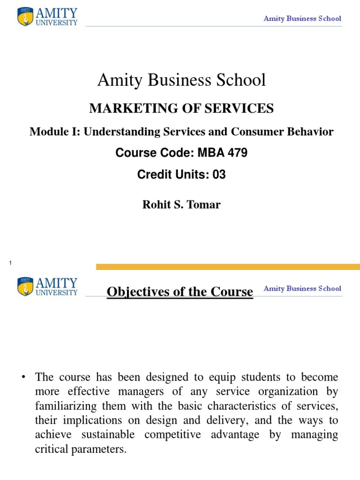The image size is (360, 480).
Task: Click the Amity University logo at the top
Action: pyautogui.click(x=47, y=16)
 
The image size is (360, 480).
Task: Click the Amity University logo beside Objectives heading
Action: pyautogui.click(x=47, y=287)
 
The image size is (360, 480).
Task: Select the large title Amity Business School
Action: pyautogui.click(x=181, y=80)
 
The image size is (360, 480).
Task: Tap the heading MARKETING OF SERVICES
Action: pyautogui.click(x=181, y=109)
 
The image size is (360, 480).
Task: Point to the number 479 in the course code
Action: pyautogui.click(x=237, y=153)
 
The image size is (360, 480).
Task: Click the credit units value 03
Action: pyautogui.click(x=219, y=175)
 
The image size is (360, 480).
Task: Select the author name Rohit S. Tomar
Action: pyautogui.click(x=181, y=204)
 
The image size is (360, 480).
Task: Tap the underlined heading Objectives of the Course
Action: pyautogui.click(x=180, y=292)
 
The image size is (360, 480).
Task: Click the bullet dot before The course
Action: pyautogui.click(x=22, y=377)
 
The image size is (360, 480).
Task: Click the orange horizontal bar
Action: pyautogui.click(x=228, y=267)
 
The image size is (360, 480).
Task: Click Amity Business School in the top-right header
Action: pyautogui.click(x=302, y=19)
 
